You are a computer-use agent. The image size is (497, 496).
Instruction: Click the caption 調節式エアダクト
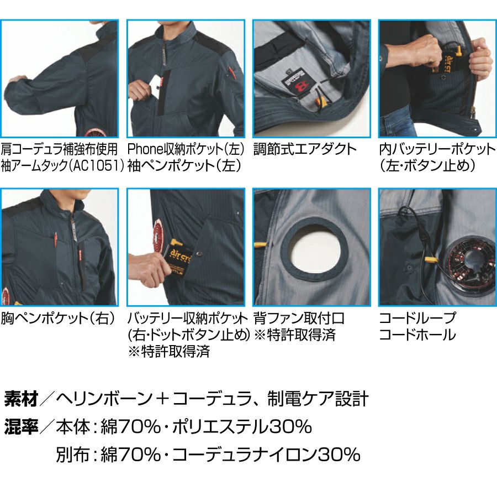tap(305, 149)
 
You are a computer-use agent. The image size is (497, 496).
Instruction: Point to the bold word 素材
tap(21, 399)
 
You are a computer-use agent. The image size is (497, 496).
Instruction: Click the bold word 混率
tap(21, 426)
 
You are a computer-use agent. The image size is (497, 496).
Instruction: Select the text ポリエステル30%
tap(242, 426)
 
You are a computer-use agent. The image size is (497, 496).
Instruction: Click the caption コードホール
tap(417, 335)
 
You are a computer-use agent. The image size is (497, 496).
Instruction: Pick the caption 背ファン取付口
tap(299, 319)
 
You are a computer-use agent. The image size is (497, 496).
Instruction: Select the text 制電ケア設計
tap(318, 399)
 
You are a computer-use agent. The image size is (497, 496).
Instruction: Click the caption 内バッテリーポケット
tap(437, 149)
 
